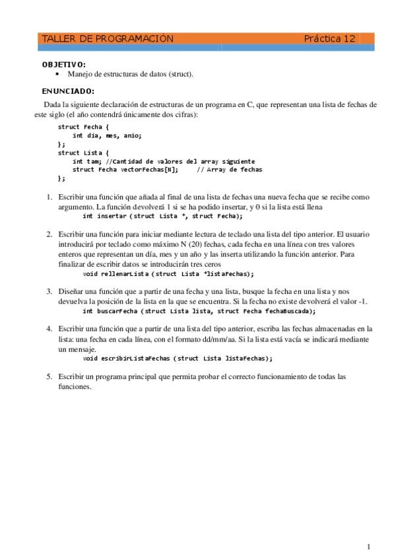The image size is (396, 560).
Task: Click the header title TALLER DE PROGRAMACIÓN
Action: pyautogui.click(x=107, y=39)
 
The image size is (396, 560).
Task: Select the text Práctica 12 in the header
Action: pyautogui.click(x=329, y=39)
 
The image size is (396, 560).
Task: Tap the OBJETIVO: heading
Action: pyautogui.click(x=64, y=65)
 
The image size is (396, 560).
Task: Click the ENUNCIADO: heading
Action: pyautogui.click(x=68, y=91)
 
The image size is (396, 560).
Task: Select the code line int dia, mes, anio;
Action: pyautogui.click(x=107, y=135)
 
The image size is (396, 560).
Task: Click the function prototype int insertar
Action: pyautogui.click(x=162, y=216)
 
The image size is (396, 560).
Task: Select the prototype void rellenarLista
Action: pyautogui.click(x=168, y=273)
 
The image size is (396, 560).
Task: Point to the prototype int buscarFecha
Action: pyautogui.click(x=199, y=311)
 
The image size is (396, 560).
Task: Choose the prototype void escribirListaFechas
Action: pyautogui.click(x=178, y=359)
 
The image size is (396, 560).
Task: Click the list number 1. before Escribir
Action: pyautogui.click(x=49, y=197)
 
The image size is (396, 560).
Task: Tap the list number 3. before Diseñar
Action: pyautogui.click(x=49, y=291)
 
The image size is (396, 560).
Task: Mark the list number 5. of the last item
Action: pyautogui.click(x=49, y=376)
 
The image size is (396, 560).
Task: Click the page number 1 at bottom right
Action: pyautogui.click(x=368, y=546)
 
